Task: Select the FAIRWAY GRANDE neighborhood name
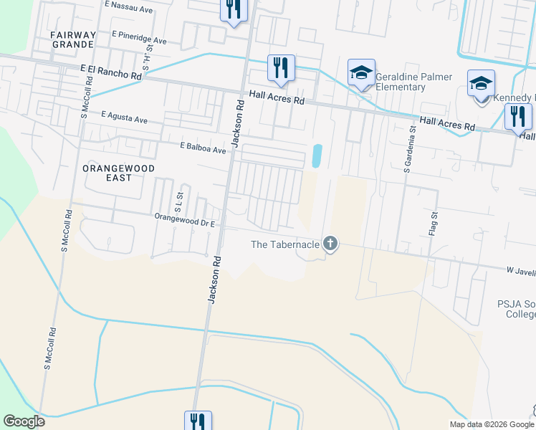click(72, 39)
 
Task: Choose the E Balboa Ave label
click(203, 147)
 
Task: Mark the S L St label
click(180, 196)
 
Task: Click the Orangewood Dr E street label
click(186, 219)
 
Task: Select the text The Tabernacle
click(284, 244)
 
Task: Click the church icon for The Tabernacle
click(330, 244)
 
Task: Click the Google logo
click(24, 421)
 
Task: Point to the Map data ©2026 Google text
click(492, 424)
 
